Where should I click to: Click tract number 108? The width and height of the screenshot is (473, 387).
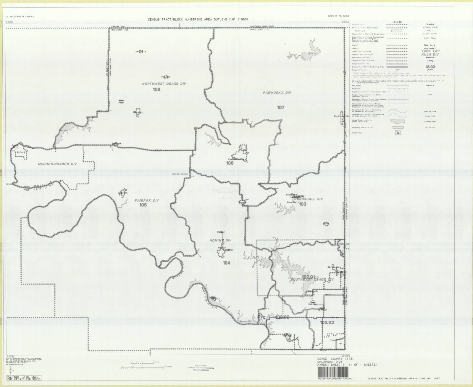click(x=156, y=89)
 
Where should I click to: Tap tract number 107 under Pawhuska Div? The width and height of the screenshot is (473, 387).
click(x=281, y=107)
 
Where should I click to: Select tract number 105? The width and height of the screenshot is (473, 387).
click(x=143, y=205)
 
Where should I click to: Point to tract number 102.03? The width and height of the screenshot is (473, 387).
click(x=327, y=322)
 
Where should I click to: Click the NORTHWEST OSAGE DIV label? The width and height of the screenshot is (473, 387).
click(x=164, y=84)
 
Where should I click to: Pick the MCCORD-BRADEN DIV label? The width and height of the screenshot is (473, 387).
click(x=57, y=164)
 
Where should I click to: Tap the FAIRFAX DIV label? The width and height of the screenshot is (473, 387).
click(x=147, y=200)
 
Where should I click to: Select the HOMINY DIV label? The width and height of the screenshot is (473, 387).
click(x=220, y=240)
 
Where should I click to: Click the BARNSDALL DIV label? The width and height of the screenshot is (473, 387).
click(x=309, y=199)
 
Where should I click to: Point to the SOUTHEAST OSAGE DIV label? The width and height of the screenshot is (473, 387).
click(x=312, y=280)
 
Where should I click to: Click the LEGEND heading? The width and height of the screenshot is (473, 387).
click(x=397, y=22)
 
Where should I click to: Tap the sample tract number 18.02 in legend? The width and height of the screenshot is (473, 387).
click(x=430, y=67)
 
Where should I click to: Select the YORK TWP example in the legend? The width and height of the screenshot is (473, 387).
click(x=430, y=51)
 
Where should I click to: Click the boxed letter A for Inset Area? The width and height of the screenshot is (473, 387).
click(x=398, y=133)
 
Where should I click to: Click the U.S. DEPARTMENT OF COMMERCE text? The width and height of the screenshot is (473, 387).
click(x=20, y=17)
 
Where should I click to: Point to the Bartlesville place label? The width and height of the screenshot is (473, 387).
click(x=341, y=116)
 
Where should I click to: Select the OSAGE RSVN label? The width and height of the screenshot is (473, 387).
click(x=180, y=174)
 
